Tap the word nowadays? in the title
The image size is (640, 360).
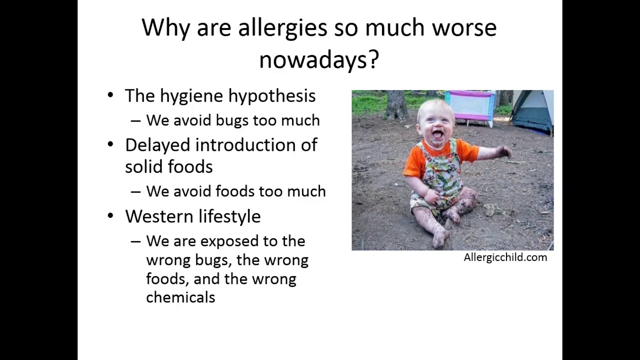coord(319,60)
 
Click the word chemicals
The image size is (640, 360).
coord(180,297)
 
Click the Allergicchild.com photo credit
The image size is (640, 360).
coord(505,257)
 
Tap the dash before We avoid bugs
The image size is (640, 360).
coord(135,121)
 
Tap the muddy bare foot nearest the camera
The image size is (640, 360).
coord(440,237)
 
